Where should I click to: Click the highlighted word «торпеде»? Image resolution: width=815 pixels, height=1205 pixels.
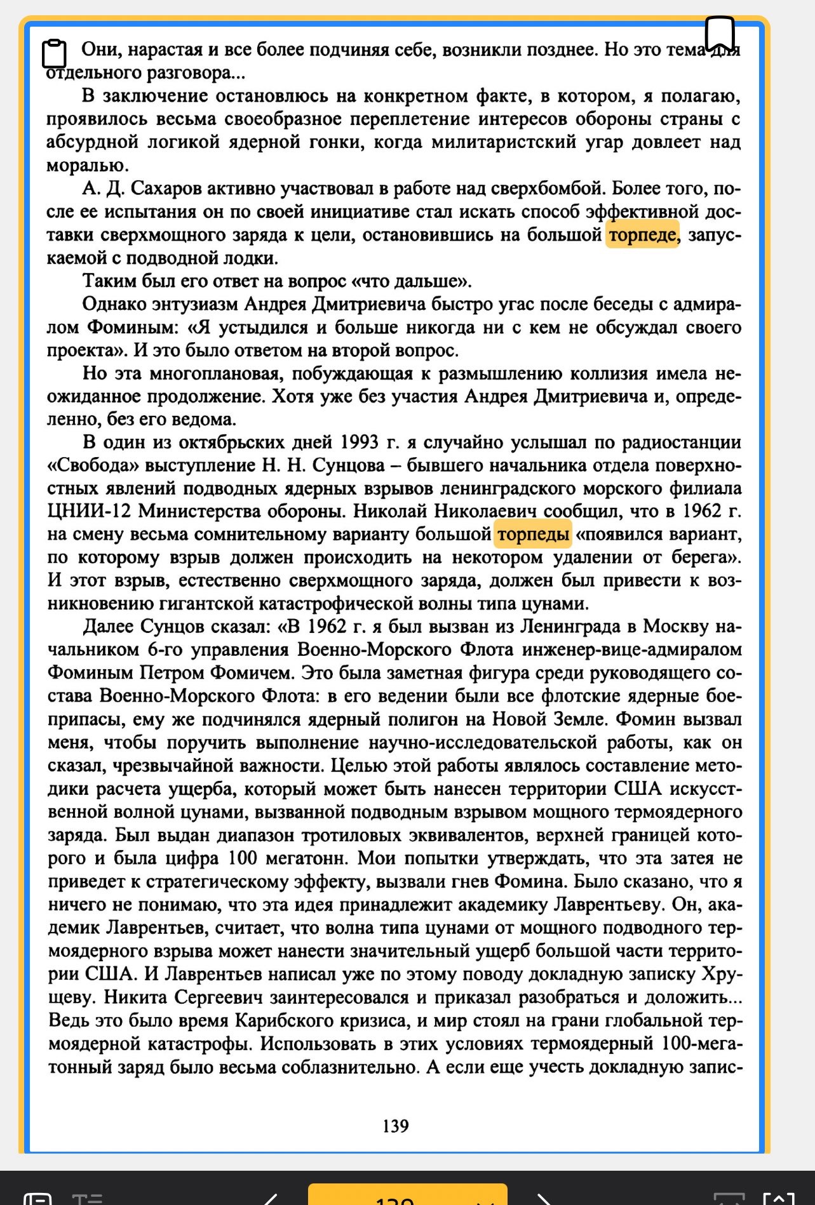(642, 235)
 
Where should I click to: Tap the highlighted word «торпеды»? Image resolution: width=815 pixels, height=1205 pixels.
(533, 535)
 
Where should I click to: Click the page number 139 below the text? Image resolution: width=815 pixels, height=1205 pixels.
(395, 1126)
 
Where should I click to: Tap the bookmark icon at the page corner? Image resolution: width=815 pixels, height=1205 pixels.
(720, 33)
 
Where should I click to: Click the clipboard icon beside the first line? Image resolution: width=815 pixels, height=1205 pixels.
(55, 53)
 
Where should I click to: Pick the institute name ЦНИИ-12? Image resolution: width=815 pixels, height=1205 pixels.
(88, 512)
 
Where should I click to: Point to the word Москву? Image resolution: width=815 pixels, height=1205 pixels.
(675, 627)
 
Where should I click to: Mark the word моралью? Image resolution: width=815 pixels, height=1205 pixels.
(87, 166)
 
